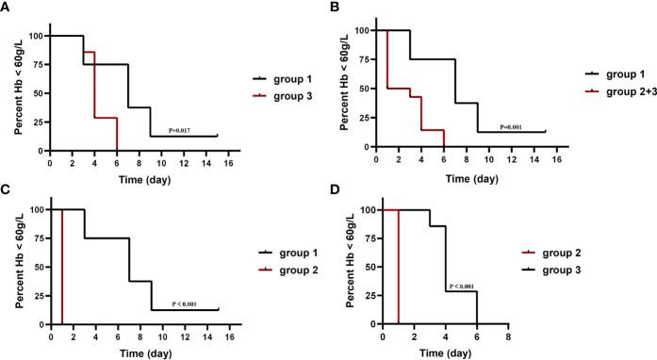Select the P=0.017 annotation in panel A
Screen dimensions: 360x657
click(184, 131)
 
